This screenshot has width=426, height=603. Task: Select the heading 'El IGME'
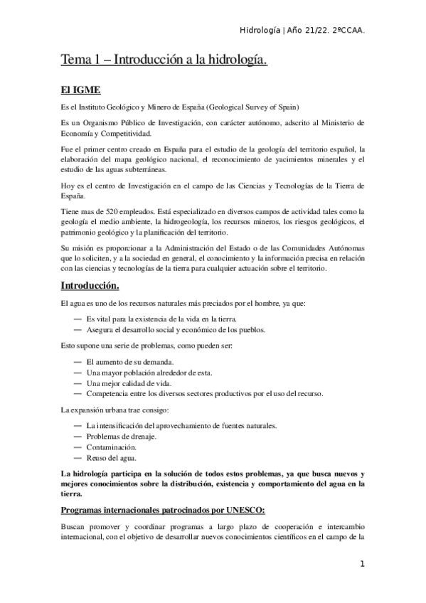pyautogui.click(x=80, y=90)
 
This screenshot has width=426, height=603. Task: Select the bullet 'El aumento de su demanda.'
pyautogui.click(x=129, y=362)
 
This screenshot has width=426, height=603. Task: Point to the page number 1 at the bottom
pyautogui.click(x=362, y=565)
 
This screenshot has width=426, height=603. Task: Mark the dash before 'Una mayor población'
pyautogui.click(x=78, y=373)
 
